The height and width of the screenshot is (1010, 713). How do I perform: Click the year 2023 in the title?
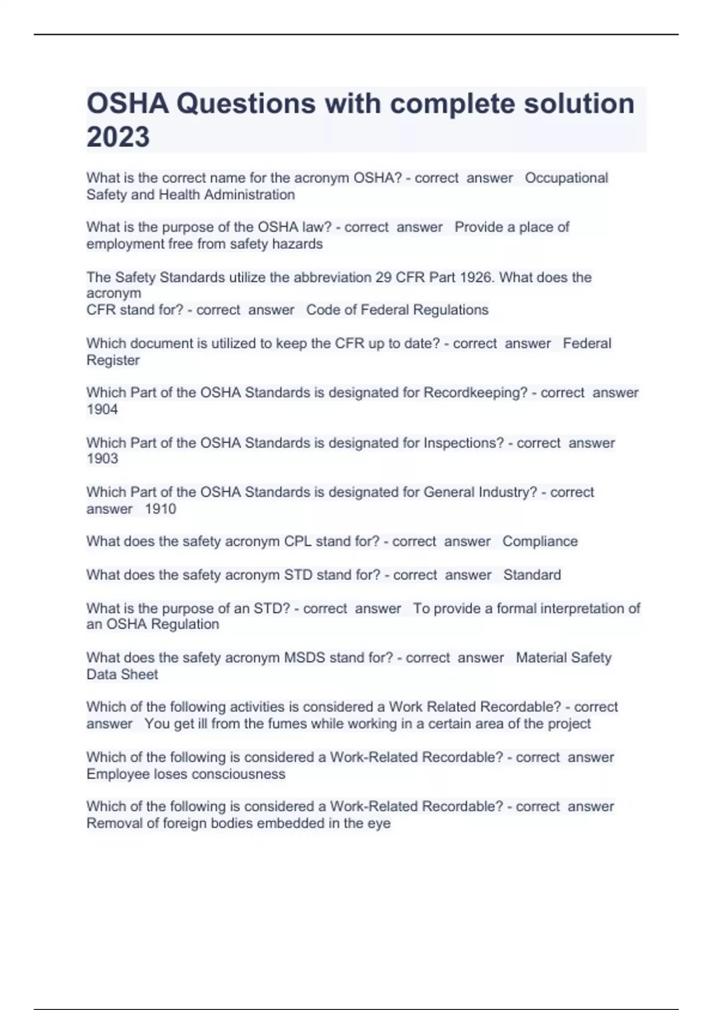pyautogui.click(x=118, y=137)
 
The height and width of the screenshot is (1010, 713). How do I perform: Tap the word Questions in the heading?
pyautogui.click(x=246, y=103)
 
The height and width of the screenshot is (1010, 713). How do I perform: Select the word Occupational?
pyautogui.click(x=566, y=178)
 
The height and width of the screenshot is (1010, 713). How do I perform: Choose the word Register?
pyautogui.click(x=113, y=360)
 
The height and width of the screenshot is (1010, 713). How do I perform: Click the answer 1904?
pyautogui.click(x=102, y=409)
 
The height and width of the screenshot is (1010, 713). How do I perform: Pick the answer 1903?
pyautogui.click(x=102, y=459)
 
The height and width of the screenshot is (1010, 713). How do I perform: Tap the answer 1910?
pyautogui.click(x=160, y=509)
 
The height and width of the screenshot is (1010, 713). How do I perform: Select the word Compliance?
pyautogui.click(x=540, y=541)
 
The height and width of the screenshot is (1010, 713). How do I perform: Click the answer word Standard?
pyautogui.click(x=532, y=575)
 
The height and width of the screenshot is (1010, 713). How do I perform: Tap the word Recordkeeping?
pyautogui.click(x=475, y=392)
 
